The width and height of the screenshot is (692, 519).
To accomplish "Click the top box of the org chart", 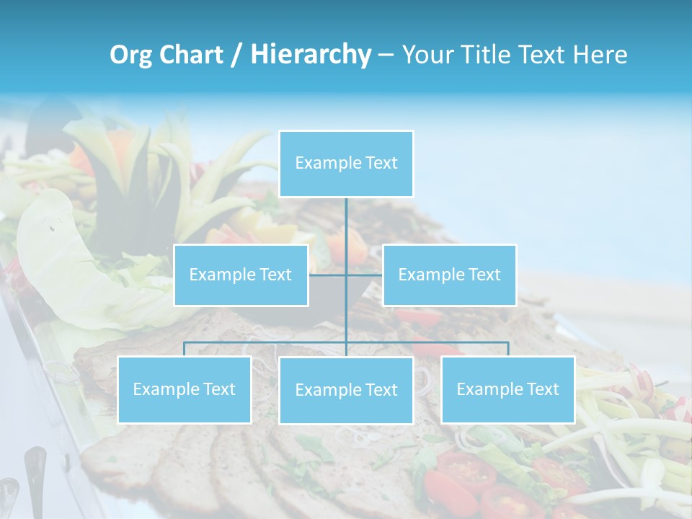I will pos(346,164).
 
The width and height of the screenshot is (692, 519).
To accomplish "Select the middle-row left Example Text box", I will pos(241,275).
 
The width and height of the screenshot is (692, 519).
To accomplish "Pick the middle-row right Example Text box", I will pos(449,275).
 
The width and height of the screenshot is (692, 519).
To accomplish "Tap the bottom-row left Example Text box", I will pos(185,389).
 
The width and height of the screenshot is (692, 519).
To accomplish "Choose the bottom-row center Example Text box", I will pos(346,390).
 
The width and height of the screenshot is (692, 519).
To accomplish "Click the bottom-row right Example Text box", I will pos(507,389).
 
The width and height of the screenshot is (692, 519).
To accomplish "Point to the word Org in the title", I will pos(130,55).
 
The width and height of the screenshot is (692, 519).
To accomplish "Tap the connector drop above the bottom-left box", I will pos(185,349).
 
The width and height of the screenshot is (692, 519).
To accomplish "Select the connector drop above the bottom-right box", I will pos(507,349).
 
